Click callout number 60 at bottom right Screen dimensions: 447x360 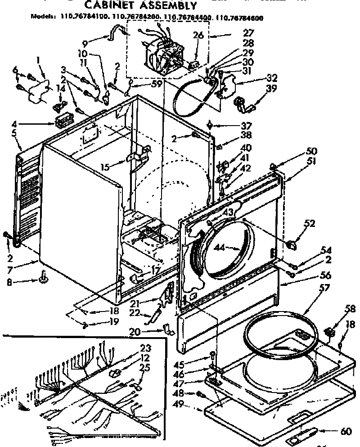point(345,432)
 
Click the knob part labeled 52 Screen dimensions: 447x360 point(292,245)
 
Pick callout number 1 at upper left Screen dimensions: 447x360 point(39,59)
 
